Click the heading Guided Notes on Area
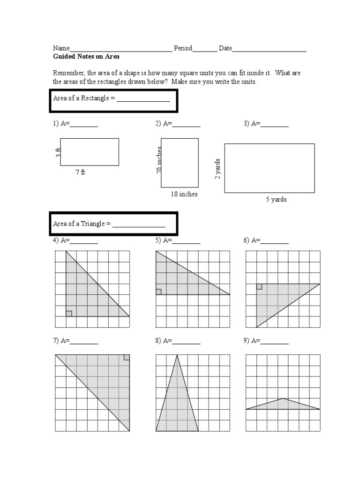[x=86, y=57]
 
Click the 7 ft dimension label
[x=81, y=172]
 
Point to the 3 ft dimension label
[x=58, y=152]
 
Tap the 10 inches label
[x=184, y=194]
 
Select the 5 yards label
[x=276, y=200]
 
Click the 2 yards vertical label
[x=217, y=169]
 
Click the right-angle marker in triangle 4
[x=69, y=314]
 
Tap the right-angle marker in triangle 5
[x=158, y=292]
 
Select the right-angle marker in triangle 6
[x=259, y=286]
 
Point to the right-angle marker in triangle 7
[x=127, y=357]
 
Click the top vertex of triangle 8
[x=177, y=355]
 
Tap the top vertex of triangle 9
[x=283, y=398]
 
